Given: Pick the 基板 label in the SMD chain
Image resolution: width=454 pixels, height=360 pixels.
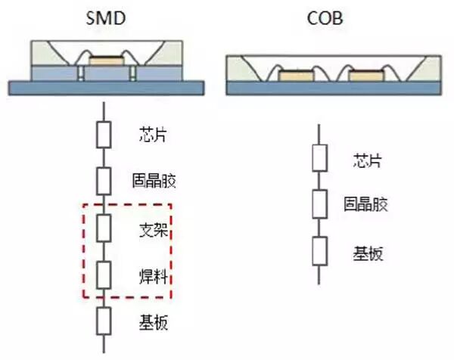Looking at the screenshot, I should coord(152,324).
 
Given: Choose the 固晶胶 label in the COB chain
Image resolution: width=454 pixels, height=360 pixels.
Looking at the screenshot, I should coord(368,203).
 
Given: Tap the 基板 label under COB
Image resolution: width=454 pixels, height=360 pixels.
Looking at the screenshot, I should coord(368,253).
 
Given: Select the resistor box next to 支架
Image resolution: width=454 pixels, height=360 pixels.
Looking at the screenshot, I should coord(104,227).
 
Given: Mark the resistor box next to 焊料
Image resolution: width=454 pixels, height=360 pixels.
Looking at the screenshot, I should coord(104,273).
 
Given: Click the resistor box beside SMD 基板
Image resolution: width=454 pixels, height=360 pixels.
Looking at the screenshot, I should coord(104,321).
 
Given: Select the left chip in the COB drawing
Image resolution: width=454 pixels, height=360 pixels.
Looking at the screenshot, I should coord(293,76).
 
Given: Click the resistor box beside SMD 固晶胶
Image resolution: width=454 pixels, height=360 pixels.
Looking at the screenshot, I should coord(104,181).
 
